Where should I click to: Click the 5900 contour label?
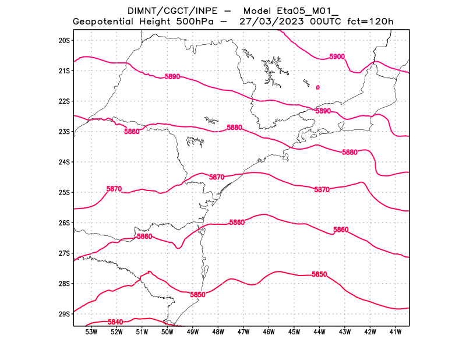pos(337,57)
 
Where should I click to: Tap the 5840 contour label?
pos(115,322)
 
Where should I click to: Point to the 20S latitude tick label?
pos(64,40)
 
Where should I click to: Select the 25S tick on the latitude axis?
pos(64,192)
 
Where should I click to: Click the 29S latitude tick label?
pos(64,314)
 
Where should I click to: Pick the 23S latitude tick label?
pos(64,132)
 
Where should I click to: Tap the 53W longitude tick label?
pos(91,333)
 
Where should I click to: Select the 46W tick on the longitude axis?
pos(269,333)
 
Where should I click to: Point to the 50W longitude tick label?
pos(167,333)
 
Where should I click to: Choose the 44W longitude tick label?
pos(319,333)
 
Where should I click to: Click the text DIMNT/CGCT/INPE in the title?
pos(164,11)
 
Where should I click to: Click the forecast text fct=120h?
pos(370,22)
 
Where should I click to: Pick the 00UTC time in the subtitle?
pos(323,22)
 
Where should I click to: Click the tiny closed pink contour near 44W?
pos(317,87)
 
